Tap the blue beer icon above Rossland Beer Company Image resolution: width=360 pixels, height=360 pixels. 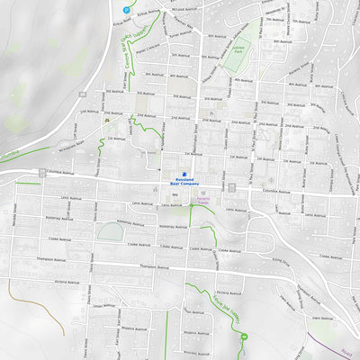click(184, 175)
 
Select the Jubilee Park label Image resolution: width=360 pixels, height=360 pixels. click(238, 50)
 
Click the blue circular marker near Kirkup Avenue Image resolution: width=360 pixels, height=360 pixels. click(125, 10)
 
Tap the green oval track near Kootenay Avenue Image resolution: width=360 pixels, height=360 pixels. click(110, 233)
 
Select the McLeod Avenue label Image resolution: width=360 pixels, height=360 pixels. click(182, 9)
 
